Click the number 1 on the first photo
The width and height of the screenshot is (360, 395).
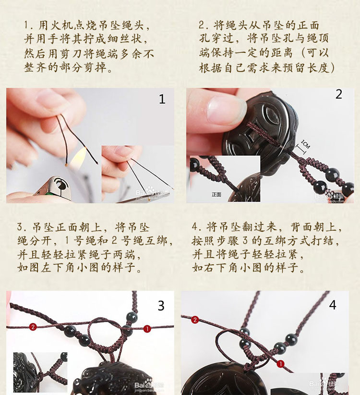pyautogui.click(x=162, y=99)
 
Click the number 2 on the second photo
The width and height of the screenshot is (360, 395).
pyautogui.click(x=338, y=95)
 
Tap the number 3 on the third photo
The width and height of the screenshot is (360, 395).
pyautogui.click(x=161, y=306)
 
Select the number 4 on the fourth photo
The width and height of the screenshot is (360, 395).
pyautogui.click(x=333, y=305)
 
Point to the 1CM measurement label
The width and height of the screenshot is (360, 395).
pyautogui.click(x=306, y=144)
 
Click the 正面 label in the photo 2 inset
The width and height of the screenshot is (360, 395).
pyautogui.click(x=216, y=195)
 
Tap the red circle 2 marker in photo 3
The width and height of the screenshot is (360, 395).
pyautogui.click(x=33, y=327)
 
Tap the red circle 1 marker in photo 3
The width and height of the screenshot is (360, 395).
pyautogui.click(x=147, y=329)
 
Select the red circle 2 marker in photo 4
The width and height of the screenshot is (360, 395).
pyautogui.click(x=195, y=320)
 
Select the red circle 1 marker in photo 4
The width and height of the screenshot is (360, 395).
pyautogui.click(x=280, y=364)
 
